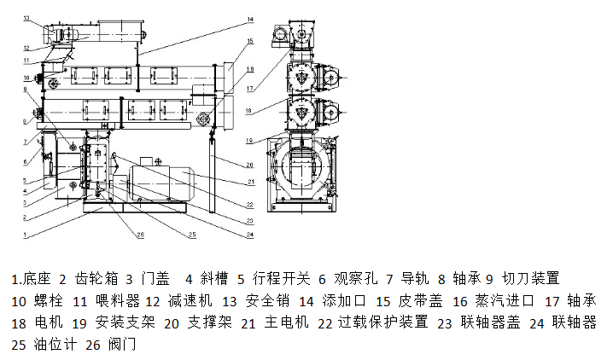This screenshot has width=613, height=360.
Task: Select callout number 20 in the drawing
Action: pyautogui.click(x=250, y=165)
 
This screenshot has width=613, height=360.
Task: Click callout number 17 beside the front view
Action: pyautogui.click(x=250, y=87)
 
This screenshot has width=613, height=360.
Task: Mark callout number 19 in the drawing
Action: pyautogui.click(x=250, y=140)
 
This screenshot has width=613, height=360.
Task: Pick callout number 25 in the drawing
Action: pyautogui.click(x=193, y=234)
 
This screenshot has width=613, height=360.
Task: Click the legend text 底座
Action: pyautogui.click(x=38, y=279)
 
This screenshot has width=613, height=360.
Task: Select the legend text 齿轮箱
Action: pyautogui.click(x=94, y=279)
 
